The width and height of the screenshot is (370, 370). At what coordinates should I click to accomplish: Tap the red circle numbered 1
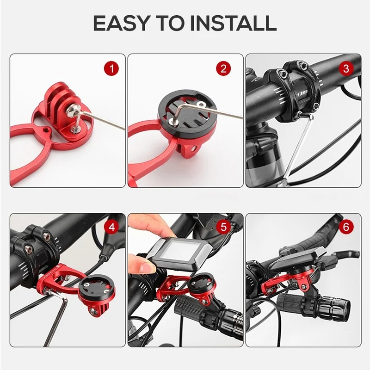point(112,68)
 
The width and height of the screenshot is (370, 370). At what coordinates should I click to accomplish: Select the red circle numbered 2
point(223,68)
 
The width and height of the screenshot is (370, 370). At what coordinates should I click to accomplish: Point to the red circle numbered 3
point(346,68)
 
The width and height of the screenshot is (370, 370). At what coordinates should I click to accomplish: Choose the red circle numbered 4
point(112,227)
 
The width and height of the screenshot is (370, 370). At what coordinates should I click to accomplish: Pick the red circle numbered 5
point(223,227)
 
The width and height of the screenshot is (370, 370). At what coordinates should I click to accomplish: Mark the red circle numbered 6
point(346,227)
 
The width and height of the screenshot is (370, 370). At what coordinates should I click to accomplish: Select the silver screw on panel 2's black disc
point(201,104)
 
